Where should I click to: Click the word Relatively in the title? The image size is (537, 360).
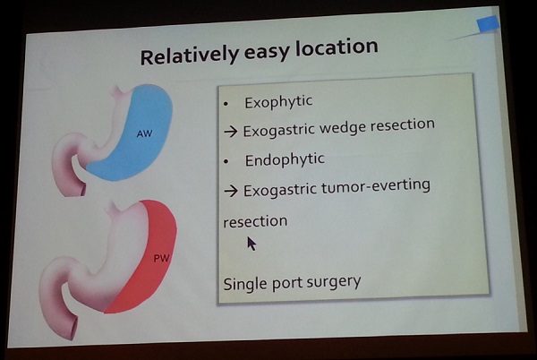point(190,56)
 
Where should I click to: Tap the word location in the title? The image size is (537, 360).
point(337,47)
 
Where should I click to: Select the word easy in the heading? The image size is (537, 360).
point(267,52)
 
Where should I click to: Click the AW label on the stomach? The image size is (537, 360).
point(144,133)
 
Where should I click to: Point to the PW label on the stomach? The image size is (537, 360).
point(161,258)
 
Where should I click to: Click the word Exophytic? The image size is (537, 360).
point(278,102)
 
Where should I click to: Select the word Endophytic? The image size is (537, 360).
point(285,160)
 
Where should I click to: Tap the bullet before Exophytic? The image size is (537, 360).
point(226,104)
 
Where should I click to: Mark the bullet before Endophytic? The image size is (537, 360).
point(226,161)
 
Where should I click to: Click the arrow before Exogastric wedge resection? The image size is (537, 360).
point(231,132)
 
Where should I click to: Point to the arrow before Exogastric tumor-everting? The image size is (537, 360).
point(231,191)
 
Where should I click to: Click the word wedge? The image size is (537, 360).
point(343,128)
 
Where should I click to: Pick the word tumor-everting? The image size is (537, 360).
point(376,187)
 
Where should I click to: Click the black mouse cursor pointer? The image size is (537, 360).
point(251,244)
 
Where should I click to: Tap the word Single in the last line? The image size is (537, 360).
point(245,284)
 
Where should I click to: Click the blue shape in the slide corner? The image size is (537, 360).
point(488,24)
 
